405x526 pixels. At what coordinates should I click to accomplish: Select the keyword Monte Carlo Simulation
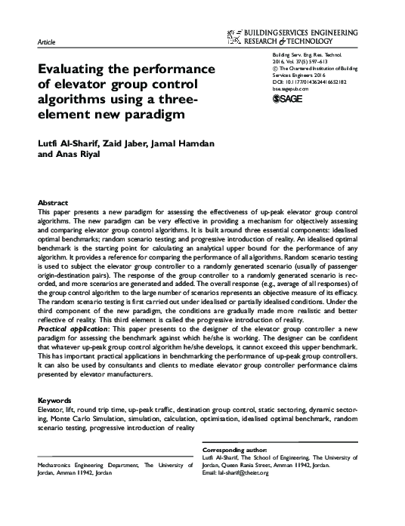pos(88,417)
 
